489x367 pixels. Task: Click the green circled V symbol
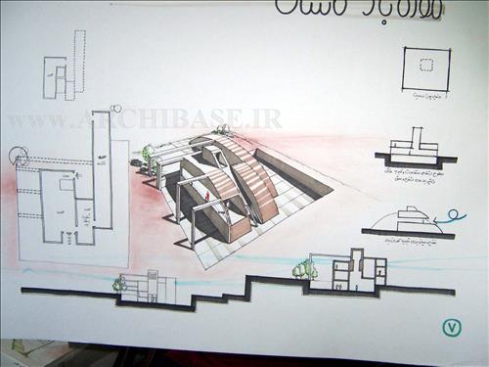(451, 328)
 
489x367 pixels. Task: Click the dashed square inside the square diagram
(424, 66)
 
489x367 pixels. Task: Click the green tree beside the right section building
(305, 268)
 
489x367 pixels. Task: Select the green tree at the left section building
(119, 284)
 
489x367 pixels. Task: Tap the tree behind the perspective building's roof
(224, 130)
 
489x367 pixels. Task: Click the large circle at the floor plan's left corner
(19, 156)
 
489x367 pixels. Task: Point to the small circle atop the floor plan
(116, 109)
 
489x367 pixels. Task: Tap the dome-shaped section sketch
(403, 219)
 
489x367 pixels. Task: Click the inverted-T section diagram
(416, 147)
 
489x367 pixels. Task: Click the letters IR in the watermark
(268, 119)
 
